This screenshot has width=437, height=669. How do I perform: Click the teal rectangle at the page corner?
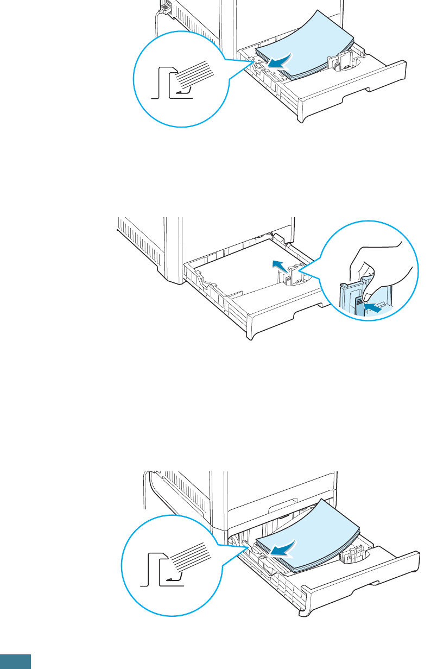click(x=15, y=661)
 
